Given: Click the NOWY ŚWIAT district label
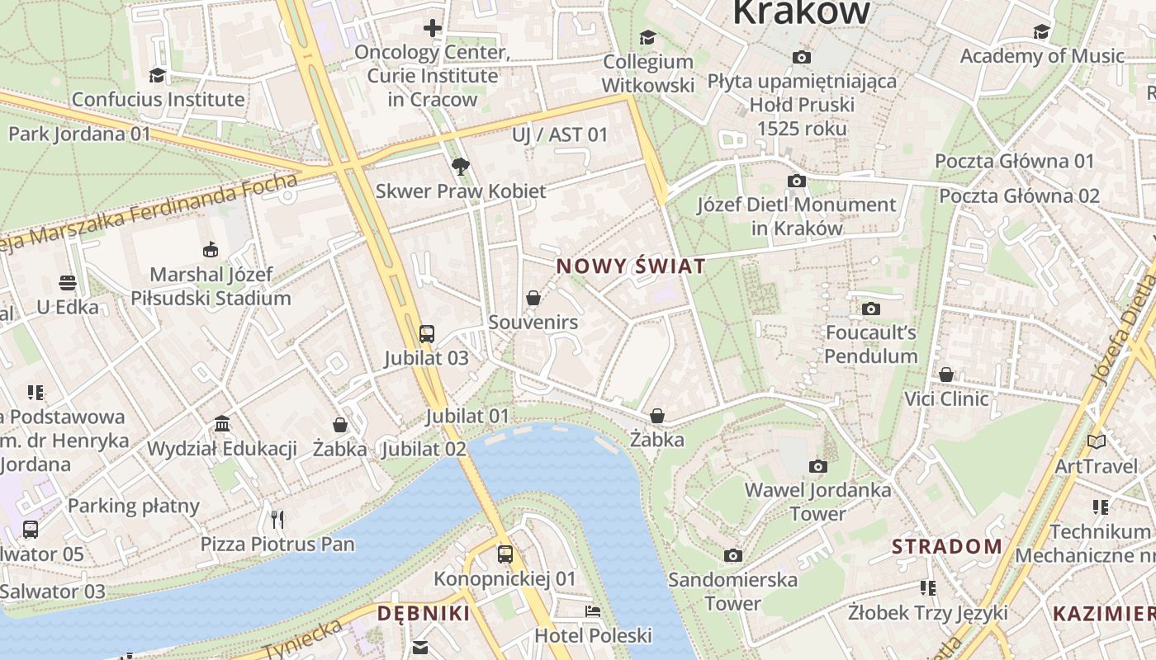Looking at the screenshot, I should [x=632, y=266].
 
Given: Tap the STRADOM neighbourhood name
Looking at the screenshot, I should [x=947, y=546].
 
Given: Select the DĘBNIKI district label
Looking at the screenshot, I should [x=424, y=613].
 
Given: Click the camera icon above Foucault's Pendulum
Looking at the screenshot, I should [x=871, y=309].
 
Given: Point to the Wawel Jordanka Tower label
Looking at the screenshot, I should [x=817, y=502].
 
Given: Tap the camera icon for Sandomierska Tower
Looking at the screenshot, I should [x=733, y=555].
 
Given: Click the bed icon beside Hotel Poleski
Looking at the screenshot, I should [x=593, y=611].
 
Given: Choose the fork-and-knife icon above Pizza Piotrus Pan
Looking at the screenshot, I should [x=277, y=519].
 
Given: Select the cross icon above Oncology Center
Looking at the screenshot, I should [x=433, y=28].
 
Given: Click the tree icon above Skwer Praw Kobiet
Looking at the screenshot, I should [x=460, y=167].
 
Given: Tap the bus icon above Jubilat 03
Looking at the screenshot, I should [x=426, y=333].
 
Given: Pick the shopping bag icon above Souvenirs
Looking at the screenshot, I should [x=533, y=298].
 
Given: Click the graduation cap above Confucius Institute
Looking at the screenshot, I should [x=157, y=76].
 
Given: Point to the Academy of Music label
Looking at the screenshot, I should [x=1042, y=56].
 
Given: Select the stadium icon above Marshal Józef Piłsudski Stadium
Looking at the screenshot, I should [x=211, y=249].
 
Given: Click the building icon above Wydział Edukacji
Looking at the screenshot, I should [x=222, y=424].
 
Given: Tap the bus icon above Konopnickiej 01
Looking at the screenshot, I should [x=505, y=554].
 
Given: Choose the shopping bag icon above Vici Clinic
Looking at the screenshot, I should [x=946, y=375].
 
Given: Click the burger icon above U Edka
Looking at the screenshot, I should [x=68, y=283].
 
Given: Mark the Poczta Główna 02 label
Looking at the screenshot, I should [x=1020, y=196].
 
